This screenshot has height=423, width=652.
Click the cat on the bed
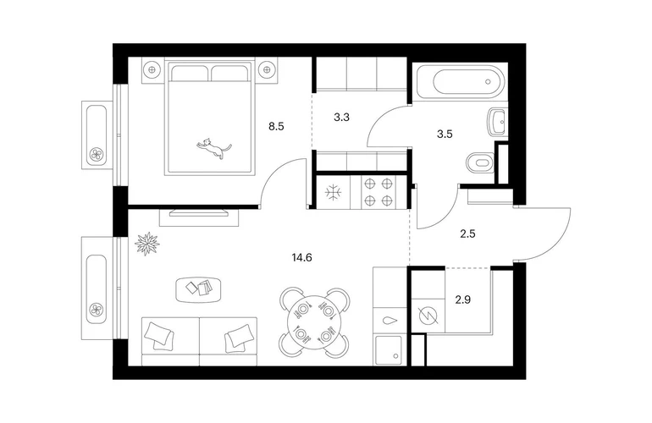click(x=213, y=148)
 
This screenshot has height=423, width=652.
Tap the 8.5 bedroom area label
click(x=276, y=126)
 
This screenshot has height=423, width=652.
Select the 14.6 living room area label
click(x=302, y=258)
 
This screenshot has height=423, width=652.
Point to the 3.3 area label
click(x=341, y=118)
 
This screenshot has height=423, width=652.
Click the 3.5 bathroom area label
click(x=445, y=135)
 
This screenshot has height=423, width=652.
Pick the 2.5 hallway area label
click(x=467, y=234)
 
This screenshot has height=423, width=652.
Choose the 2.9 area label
click(x=463, y=299)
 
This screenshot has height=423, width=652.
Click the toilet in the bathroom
click(x=480, y=163)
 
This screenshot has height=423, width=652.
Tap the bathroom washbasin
click(x=497, y=122)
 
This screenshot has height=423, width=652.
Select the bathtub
click(x=463, y=81)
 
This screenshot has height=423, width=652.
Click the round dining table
click(x=315, y=322)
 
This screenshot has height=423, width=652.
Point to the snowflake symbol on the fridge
click(x=333, y=192)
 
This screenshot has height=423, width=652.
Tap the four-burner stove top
click(x=378, y=192)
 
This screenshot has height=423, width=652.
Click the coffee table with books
click(x=198, y=289)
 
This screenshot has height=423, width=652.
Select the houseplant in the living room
click(x=147, y=244)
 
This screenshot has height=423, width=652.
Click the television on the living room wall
click(x=199, y=212)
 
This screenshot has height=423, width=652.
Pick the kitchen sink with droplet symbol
click(x=390, y=321)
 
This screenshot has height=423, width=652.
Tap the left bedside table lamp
click(x=152, y=70)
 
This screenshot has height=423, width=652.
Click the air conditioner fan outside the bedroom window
click(x=97, y=155)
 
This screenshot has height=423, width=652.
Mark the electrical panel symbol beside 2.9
click(x=428, y=316)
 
